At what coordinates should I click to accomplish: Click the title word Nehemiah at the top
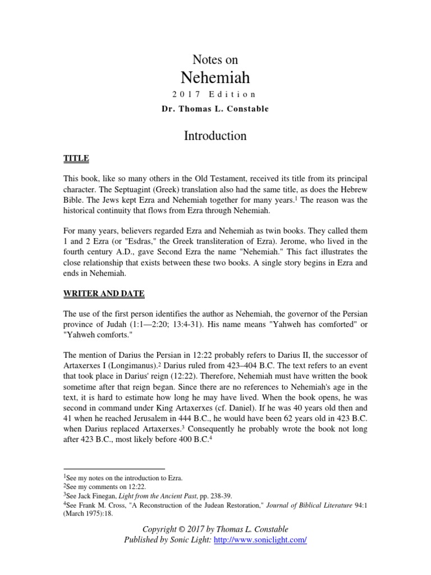pos(215,77)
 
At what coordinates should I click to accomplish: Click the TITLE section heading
pos(76,159)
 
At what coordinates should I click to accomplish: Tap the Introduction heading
pos(215,135)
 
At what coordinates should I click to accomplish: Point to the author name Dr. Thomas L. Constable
pos(215,109)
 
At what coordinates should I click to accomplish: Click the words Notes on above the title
pos(215,60)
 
